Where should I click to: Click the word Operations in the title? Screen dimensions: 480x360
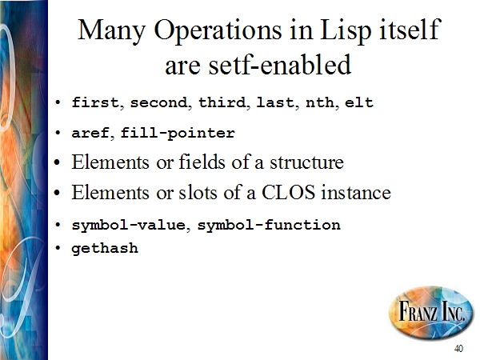click(218, 30)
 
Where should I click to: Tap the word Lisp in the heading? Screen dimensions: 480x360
click(346, 30)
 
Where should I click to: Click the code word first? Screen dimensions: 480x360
click(95, 102)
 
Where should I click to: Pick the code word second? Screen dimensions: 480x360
click(158, 102)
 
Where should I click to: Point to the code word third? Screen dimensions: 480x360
click(222, 102)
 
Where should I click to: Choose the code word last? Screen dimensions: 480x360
click(276, 102)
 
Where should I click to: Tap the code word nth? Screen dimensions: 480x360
click(320, 102)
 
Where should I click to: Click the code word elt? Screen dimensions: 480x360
click(359, 102)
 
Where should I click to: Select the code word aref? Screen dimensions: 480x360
click(90, 133)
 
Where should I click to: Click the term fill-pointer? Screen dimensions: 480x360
click(178, 133)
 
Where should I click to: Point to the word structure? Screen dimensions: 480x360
click(306, 162)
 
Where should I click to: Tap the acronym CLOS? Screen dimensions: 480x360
click(288, 193)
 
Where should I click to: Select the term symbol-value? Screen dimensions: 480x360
click(129, 226)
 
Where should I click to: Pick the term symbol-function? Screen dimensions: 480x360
click(269, 226)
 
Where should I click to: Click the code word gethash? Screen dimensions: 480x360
click(105, 248)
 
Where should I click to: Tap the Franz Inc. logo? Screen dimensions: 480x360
click(431, 312)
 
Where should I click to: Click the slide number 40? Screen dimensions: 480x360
click(458, 348)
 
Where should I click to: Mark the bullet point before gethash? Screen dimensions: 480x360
click(58, 248)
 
